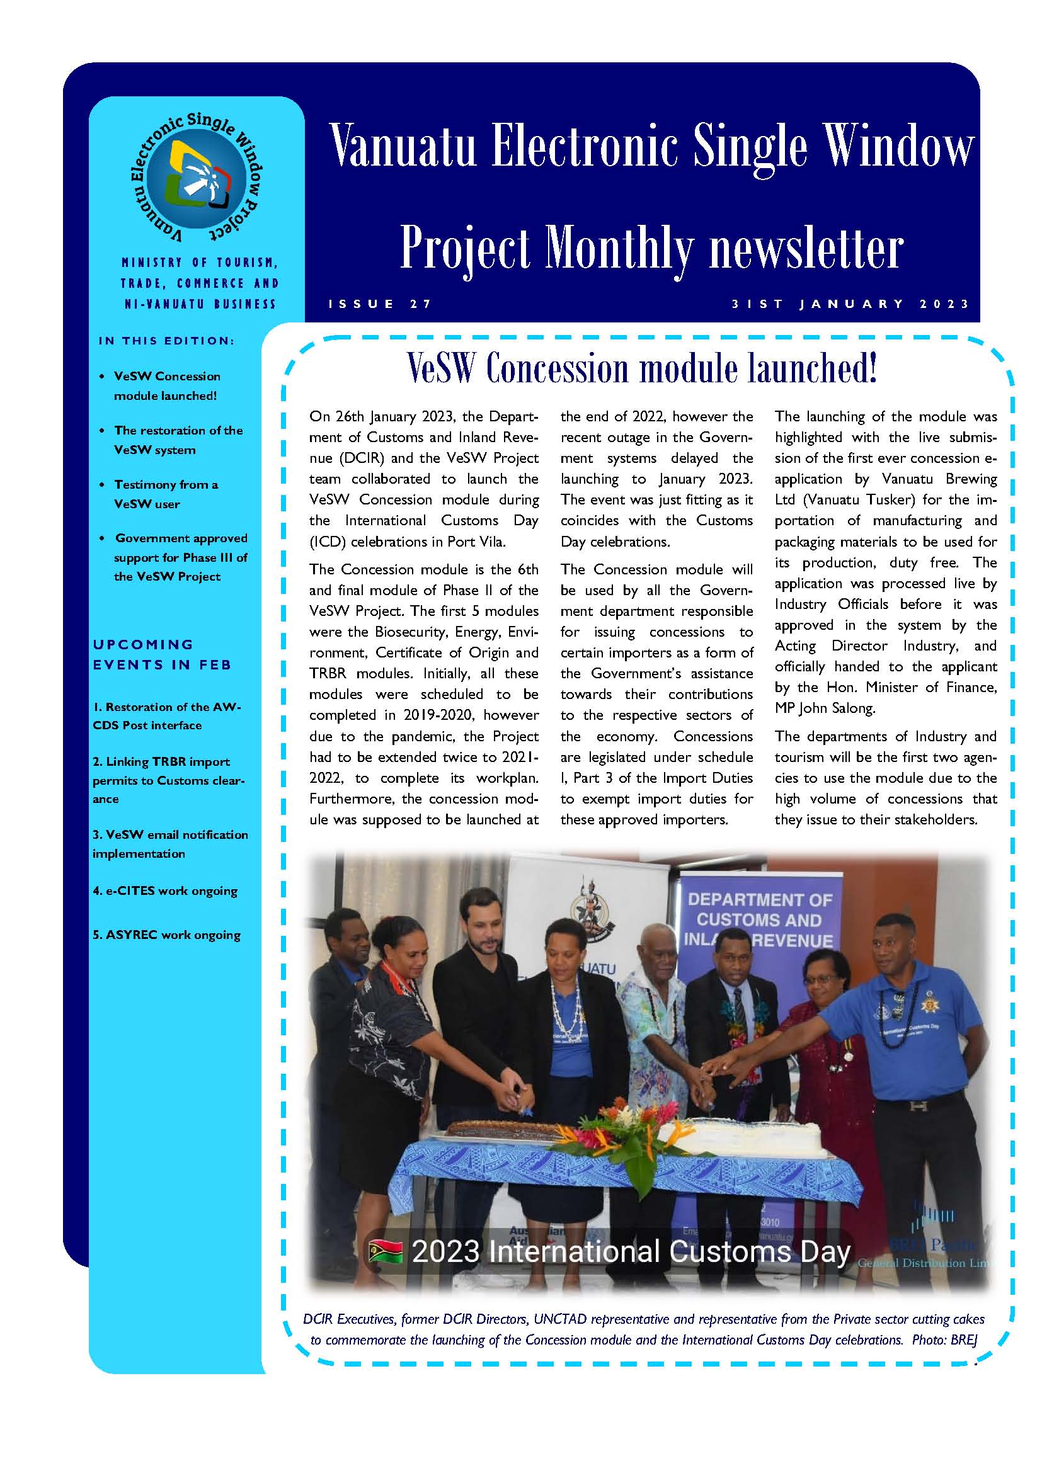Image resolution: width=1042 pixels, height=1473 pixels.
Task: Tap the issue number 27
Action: pos(421,304)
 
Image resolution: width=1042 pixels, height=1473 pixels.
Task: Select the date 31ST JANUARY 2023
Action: pos(850,304)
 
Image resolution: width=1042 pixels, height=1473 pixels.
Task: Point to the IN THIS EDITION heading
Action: pos(166,341)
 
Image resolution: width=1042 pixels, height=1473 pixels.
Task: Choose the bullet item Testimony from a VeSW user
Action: pos(166,494)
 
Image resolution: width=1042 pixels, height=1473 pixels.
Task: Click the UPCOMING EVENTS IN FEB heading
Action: pos(162,654)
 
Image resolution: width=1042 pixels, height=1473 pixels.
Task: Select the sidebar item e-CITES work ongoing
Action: pos(165,890)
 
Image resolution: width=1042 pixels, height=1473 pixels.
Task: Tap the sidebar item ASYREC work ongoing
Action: pos(166,935)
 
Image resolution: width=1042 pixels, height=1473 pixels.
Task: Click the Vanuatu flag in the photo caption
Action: pos(386,1252)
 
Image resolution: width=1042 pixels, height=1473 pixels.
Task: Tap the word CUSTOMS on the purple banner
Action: pos(759,920)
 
